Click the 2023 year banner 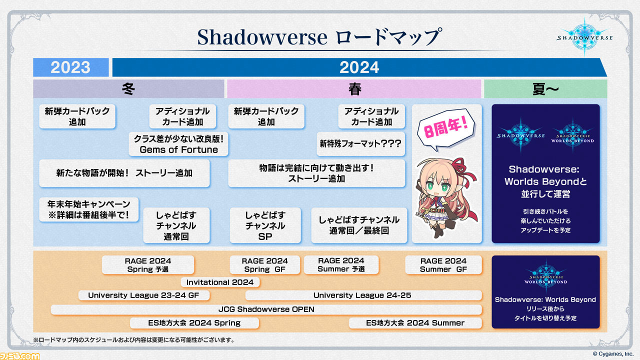click(x=70, y=67)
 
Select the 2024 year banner click(x=359, y=67)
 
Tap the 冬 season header click(x=128, y=89)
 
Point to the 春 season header click(x=354, y=89)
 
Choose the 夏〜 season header click(x=545, y=89)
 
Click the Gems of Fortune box click(x=178, y=144)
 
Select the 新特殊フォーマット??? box click(x=360, y=143)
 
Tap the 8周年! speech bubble click(x=445, y=129)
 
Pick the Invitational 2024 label click(x=220, y=282)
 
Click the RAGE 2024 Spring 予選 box click(x=148, y=265)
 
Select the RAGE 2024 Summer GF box click(x=443, y=265)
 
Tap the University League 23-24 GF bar click(x=143, y=295)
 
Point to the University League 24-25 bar click(x=363, y=295)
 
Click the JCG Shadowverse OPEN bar click(x=266, y=309)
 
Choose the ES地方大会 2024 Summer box click(x=415, y=323)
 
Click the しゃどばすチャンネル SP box click(x=265, y=225)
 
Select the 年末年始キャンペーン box click(x=89, y=209)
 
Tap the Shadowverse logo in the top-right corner click(x=584, y=37)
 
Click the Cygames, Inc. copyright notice click(x=613, y=354)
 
